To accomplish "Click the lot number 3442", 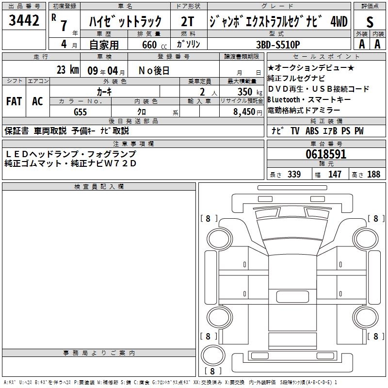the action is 24,20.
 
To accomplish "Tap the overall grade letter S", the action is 370,22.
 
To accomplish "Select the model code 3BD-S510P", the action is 278,45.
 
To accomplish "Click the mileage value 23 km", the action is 67,70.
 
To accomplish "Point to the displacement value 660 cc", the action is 154,45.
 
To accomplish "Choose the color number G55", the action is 80,112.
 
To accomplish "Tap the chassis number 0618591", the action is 326,154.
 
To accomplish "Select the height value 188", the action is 373,175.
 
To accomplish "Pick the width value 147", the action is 335,175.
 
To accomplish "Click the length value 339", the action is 294,175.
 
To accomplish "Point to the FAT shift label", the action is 14,101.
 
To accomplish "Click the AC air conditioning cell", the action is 37,101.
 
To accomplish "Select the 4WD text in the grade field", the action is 339,22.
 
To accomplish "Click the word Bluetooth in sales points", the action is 284,99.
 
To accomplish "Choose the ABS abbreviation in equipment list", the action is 312,131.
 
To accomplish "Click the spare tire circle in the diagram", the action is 213,355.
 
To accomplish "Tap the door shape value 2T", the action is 187,21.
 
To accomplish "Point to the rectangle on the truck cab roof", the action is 292,296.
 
